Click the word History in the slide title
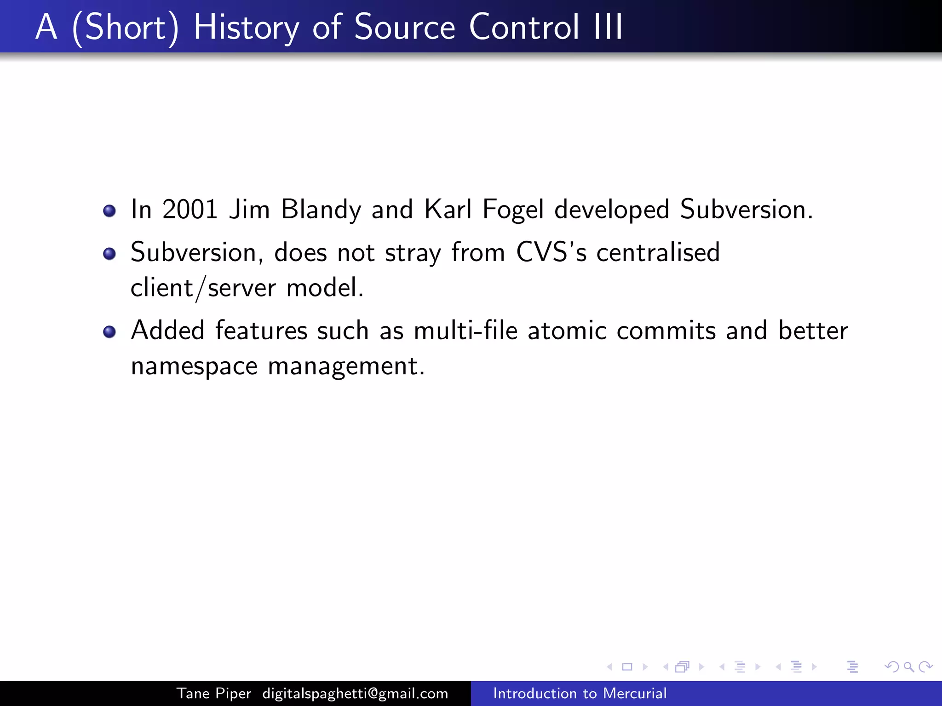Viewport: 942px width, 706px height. [246, 28]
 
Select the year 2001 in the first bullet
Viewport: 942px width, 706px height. [190, 210]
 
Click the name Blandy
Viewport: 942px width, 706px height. [321, 210]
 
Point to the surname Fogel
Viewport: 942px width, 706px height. [513, 210]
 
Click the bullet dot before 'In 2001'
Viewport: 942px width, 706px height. [109, 211]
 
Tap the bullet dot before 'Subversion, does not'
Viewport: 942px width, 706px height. [109, 254]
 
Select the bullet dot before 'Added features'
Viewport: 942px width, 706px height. [109, 332]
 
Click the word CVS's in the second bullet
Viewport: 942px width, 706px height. [551, 252]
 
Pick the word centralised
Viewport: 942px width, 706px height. [658, 252]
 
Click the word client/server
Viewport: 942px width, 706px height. [203, 288]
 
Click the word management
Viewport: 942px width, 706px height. [346, 367]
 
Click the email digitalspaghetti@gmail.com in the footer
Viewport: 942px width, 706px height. [355, 693]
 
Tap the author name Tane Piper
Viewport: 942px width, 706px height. [214, 693]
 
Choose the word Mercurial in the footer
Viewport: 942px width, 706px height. [635, 693]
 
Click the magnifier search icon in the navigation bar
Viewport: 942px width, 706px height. [908, 666]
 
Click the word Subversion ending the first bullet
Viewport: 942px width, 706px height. [743, 210]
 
